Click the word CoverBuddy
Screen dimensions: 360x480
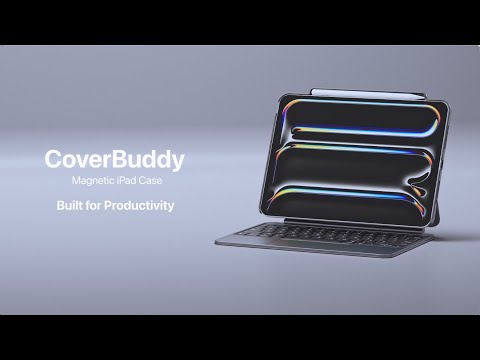(x=115, y=159)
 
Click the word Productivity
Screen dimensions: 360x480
(x=137, y=206)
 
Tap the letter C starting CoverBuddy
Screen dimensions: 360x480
(x=53, y=159)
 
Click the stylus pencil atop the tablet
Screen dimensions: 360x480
(x=345, y=90)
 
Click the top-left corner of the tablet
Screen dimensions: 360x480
(x=275, y=97)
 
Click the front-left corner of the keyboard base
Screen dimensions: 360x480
(x=217, y=241)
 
